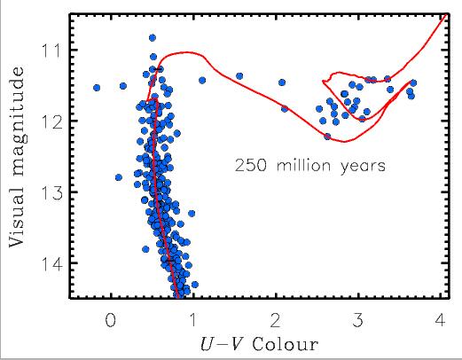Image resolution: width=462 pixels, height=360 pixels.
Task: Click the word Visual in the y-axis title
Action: point(19,220)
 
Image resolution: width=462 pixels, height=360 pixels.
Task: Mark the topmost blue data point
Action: point(153,38)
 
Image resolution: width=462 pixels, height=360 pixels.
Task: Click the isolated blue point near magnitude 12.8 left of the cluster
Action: point(119,177)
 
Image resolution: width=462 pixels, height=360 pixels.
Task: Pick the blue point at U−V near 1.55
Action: point(239,76)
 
